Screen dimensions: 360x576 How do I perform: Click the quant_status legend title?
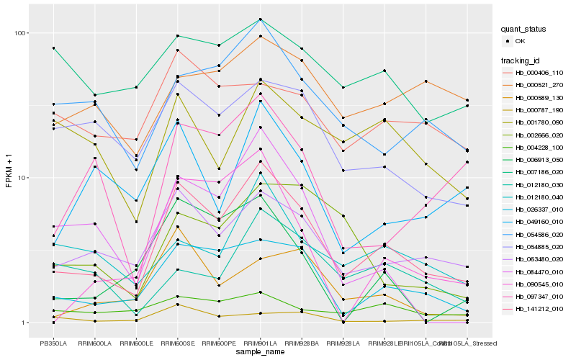coord(525,30)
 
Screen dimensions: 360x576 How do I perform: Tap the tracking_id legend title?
coord(522,60)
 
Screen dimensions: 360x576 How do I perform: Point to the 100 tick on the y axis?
coord(20,33)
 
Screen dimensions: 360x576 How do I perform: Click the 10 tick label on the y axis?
coord(22,178)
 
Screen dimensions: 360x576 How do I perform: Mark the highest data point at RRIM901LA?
coord(260,19)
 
